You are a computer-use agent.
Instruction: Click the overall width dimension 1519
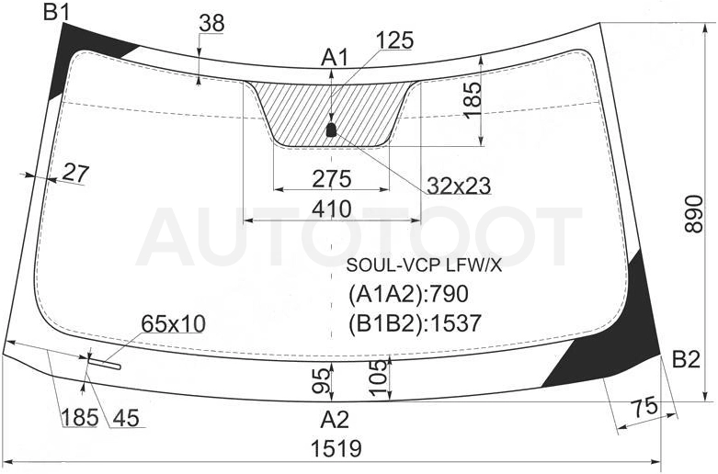click(336, 448)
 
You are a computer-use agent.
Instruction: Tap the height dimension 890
click(694, 214)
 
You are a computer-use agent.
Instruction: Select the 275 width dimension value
click(332, 179)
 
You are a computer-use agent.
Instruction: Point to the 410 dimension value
click(332, 209)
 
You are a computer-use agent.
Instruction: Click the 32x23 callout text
click(459, 186)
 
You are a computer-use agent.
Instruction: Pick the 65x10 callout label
click(173, 323)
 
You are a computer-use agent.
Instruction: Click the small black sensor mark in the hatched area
click(331, 130)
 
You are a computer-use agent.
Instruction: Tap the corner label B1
click(56, 12)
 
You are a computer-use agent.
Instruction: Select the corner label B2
click(686, 360)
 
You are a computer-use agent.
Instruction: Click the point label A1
click(335, 58)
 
